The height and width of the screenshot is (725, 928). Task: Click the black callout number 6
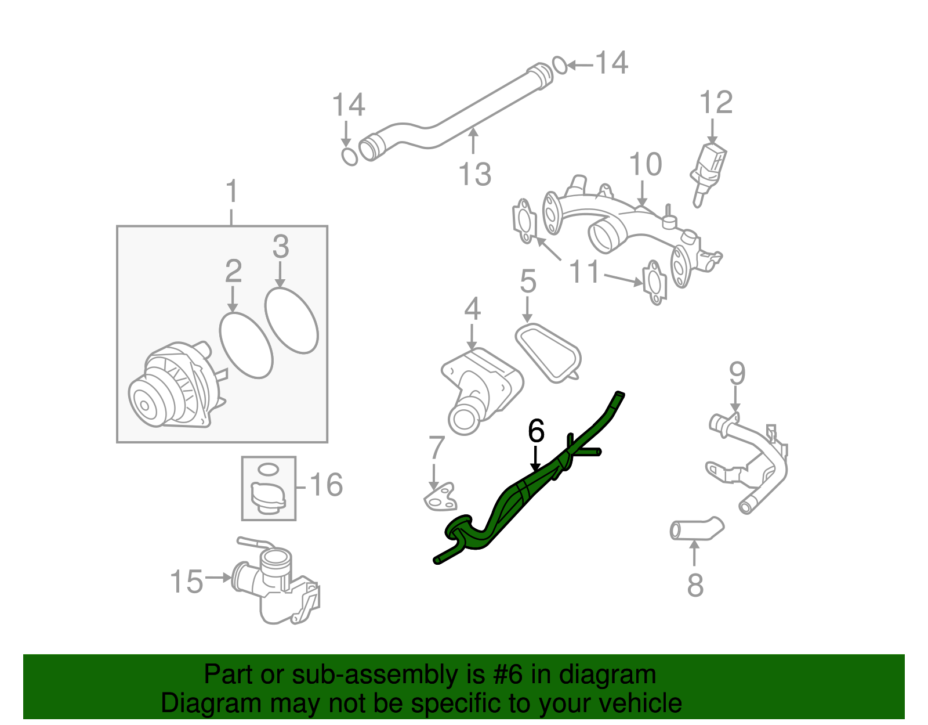click(x=536, y=431)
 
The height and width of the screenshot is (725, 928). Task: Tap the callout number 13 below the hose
click(x=474, y=174)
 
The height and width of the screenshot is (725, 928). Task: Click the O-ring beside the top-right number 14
click(x=560, y=65)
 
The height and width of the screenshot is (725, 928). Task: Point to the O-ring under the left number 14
click(x=349, y=156)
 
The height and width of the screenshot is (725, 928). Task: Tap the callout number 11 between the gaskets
click(x=584, y=271)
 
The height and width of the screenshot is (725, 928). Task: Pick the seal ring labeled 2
click(x=246, y=345)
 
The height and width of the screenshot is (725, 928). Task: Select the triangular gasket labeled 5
click(x=548, y=352)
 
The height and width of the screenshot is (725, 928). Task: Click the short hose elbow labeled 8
click(x=696, y=529)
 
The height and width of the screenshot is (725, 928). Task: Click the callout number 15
click(x=187, y=581)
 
